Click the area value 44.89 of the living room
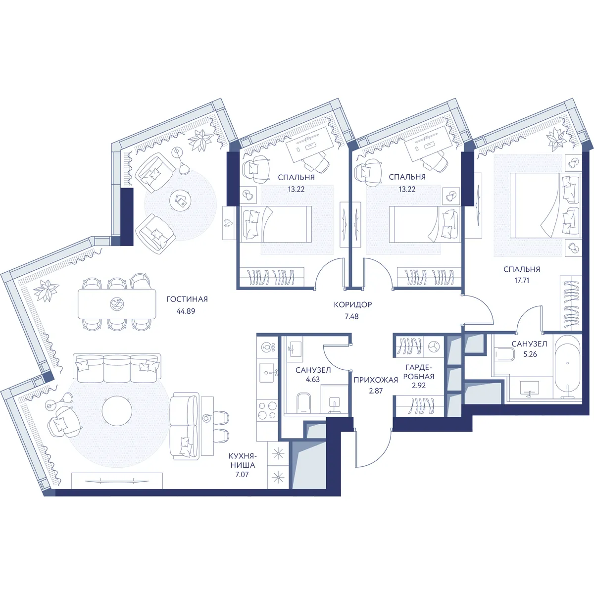click(186, 311)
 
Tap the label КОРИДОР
click(353, 304)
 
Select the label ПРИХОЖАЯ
click(376, 380)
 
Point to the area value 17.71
click(522, 281)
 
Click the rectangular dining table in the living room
click(117, 304)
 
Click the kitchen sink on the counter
click(268, 373)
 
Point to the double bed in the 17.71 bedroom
click(545, 205)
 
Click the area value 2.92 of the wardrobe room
click(419, 385)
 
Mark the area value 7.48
click(351, 316)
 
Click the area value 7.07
click(242, 475)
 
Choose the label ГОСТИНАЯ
click(187, 299)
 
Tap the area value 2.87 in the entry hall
click(376, 391)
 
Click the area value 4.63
click(313, 380)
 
